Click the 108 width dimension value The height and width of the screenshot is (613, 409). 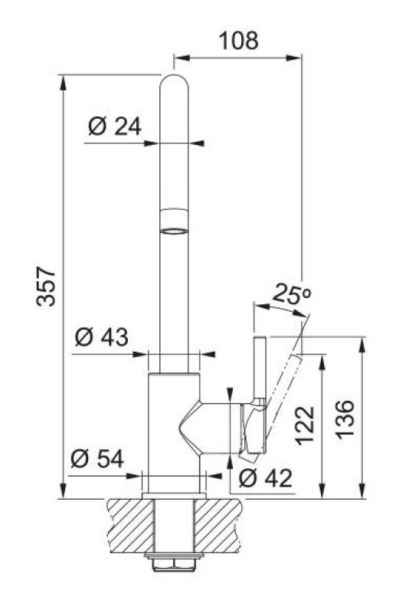(238, 40)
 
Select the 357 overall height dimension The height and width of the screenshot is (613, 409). (47, 287)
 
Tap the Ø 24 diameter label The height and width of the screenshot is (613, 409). (115, 126)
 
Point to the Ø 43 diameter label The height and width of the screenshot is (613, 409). (102, 336)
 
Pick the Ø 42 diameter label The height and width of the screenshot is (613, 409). (265, 478)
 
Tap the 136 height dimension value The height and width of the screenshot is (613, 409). (346, 420)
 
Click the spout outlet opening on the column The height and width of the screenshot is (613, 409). (174, 229)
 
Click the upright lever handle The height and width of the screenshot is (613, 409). (259, 368)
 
